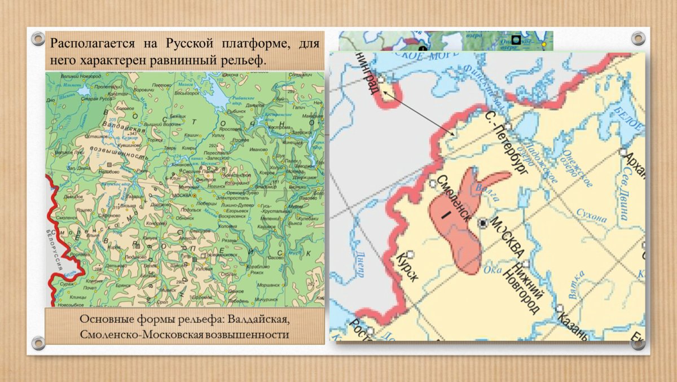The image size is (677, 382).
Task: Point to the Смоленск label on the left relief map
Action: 67,217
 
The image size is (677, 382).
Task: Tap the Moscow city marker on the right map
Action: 482,223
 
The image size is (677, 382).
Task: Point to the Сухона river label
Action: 590,218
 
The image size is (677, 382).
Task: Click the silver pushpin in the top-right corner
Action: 638,39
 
